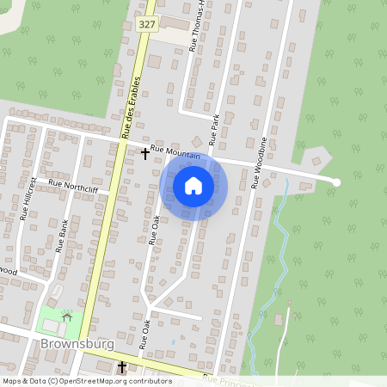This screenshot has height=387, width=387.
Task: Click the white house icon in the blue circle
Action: pyautogui.click(x=193, y=185)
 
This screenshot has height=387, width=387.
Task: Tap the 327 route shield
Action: pyautogui.click(x=146, y=26)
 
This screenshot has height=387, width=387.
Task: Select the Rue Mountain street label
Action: pyautogui.click(x=175, y=153)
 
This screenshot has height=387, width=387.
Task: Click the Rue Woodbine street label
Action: pyautogui.click(x=258, y=162)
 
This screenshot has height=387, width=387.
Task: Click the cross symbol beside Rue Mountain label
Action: pyautogui.click(x=144, y=153)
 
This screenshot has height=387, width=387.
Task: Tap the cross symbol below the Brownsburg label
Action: pyautogui.click(x=121, y=367)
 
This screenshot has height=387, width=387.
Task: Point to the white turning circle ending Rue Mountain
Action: pyautogui.click(x=336, y=182)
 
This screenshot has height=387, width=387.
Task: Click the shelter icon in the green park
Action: pyautogui.click(x=66, y=316)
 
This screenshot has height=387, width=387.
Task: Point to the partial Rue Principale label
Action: pyautogui.click(x=230, y=380)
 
